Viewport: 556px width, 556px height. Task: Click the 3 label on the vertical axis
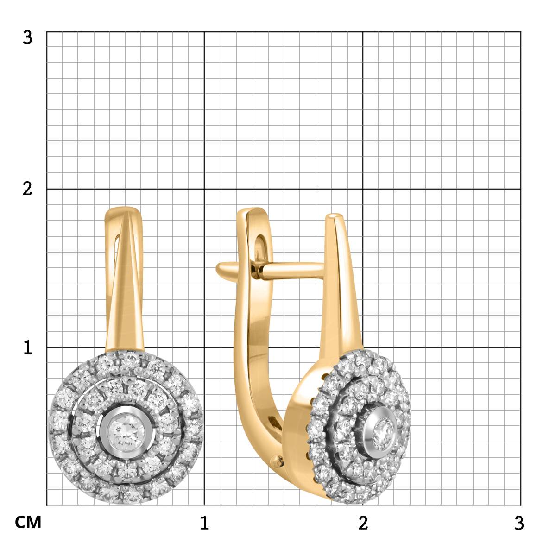27,38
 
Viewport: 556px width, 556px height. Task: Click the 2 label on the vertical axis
27,189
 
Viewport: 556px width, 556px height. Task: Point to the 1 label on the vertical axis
28,347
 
